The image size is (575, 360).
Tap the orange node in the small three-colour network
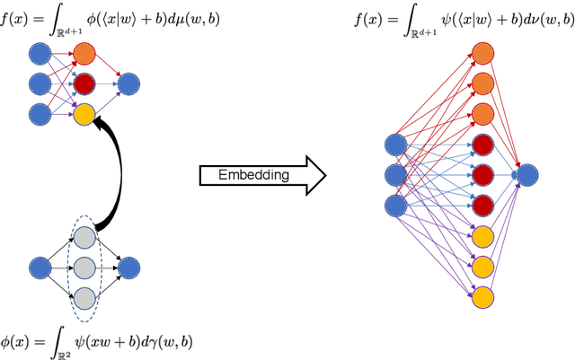pyautogui.click(x=84, y=56)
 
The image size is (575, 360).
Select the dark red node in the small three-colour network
pyautogui.click(x=84, y=84)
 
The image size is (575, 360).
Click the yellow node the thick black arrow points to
pyautogui.click(x=84, y=113)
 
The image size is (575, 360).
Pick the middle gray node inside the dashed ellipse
pyautogui.click(x=84, y=268)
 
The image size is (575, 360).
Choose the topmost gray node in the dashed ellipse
pyautogui.click(x=84, y=238)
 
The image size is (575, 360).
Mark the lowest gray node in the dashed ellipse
pyautogui.click(x=84, y=297)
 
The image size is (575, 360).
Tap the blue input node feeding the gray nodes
pyautogui.click(x=39, y=268)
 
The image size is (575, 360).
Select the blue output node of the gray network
pyautogui.click(x=128, y=268)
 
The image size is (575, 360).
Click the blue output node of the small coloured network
pyautogui.click(x=128, y=84)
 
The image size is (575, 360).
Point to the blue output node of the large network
pyautogui.click(x=526, y=175)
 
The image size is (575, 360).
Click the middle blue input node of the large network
pyautogui.click(x=394, y=175)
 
